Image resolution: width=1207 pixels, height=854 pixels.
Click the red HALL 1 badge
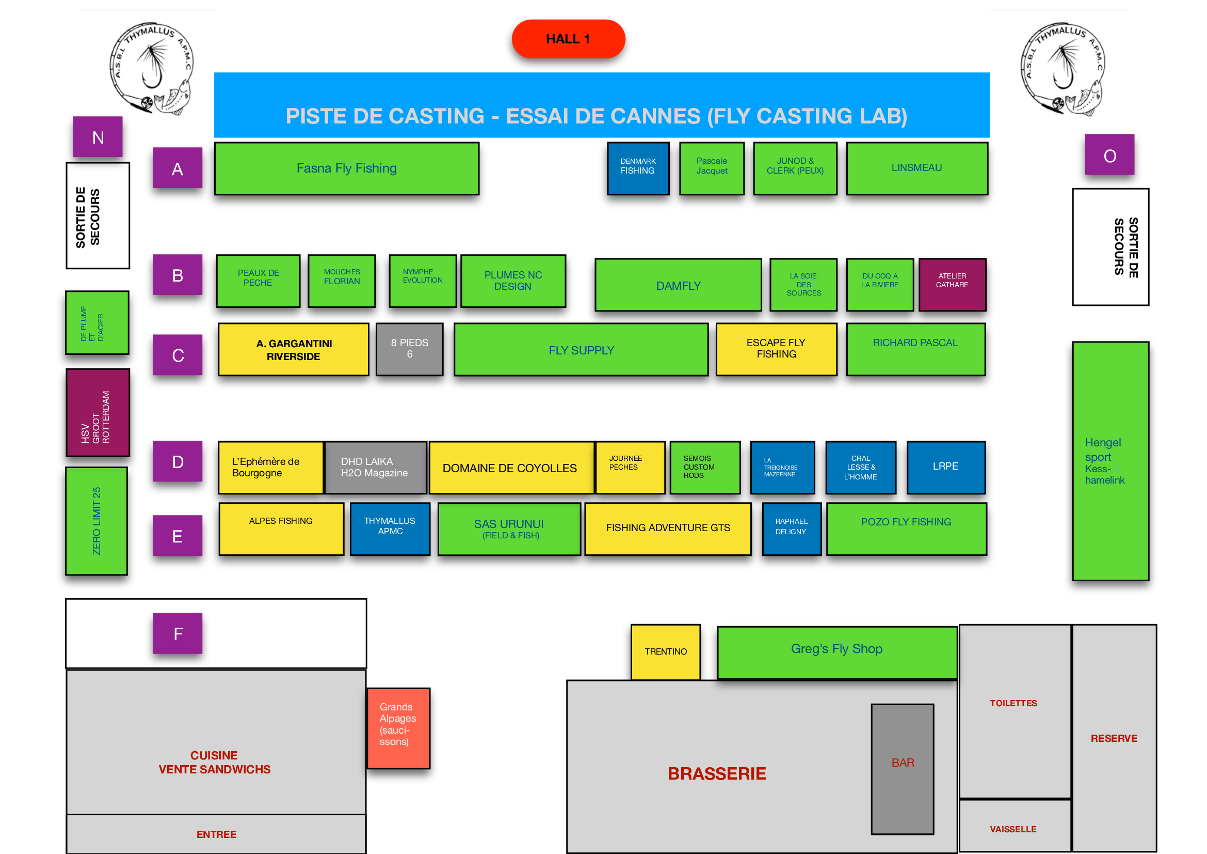pyautogui.click(x=568, y=39)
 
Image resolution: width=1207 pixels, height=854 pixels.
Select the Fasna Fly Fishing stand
pyautogui.click(x=346, y=168)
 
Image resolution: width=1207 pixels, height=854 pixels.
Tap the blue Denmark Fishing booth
pyautogui.click(x=638, y=168)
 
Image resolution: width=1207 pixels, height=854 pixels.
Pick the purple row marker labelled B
pyautogui.click(x=178, y=275)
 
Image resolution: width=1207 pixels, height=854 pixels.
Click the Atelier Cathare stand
pyautogui.click(x=952, y=284)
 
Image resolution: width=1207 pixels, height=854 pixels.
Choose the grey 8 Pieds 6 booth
pyautogui.click(x=410, y=349)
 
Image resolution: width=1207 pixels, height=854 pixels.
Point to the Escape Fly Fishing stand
pyautogui.click(x=776, y=349)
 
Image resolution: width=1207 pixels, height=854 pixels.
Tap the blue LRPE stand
pyautogui.click(x=946, y=467)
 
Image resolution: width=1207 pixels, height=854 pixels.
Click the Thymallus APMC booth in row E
pyautogui.click(x=390, y=529)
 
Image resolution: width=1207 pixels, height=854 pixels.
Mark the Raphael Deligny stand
pyautogui.click(x=792, y=529)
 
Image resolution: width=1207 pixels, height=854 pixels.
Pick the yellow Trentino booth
pyautogui.click(x=666, y=652)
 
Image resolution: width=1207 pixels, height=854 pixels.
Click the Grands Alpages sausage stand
pyautogui.click(x=398, y=728)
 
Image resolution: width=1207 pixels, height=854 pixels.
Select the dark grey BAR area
pyautogui.click(x=903, y=769)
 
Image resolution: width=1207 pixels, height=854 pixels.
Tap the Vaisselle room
pyautogui.click(x=1015, y=825)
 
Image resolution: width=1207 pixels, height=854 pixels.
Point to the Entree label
pyautogui.click(x=217, y=834)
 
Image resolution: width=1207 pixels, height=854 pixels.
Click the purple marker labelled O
pyautogui.click(x=1109, y=154)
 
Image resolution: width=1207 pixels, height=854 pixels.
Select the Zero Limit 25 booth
pyautogui.click(x=96, y=521)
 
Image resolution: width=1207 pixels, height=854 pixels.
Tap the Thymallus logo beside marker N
pyautogui.click(x=151, y=68)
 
